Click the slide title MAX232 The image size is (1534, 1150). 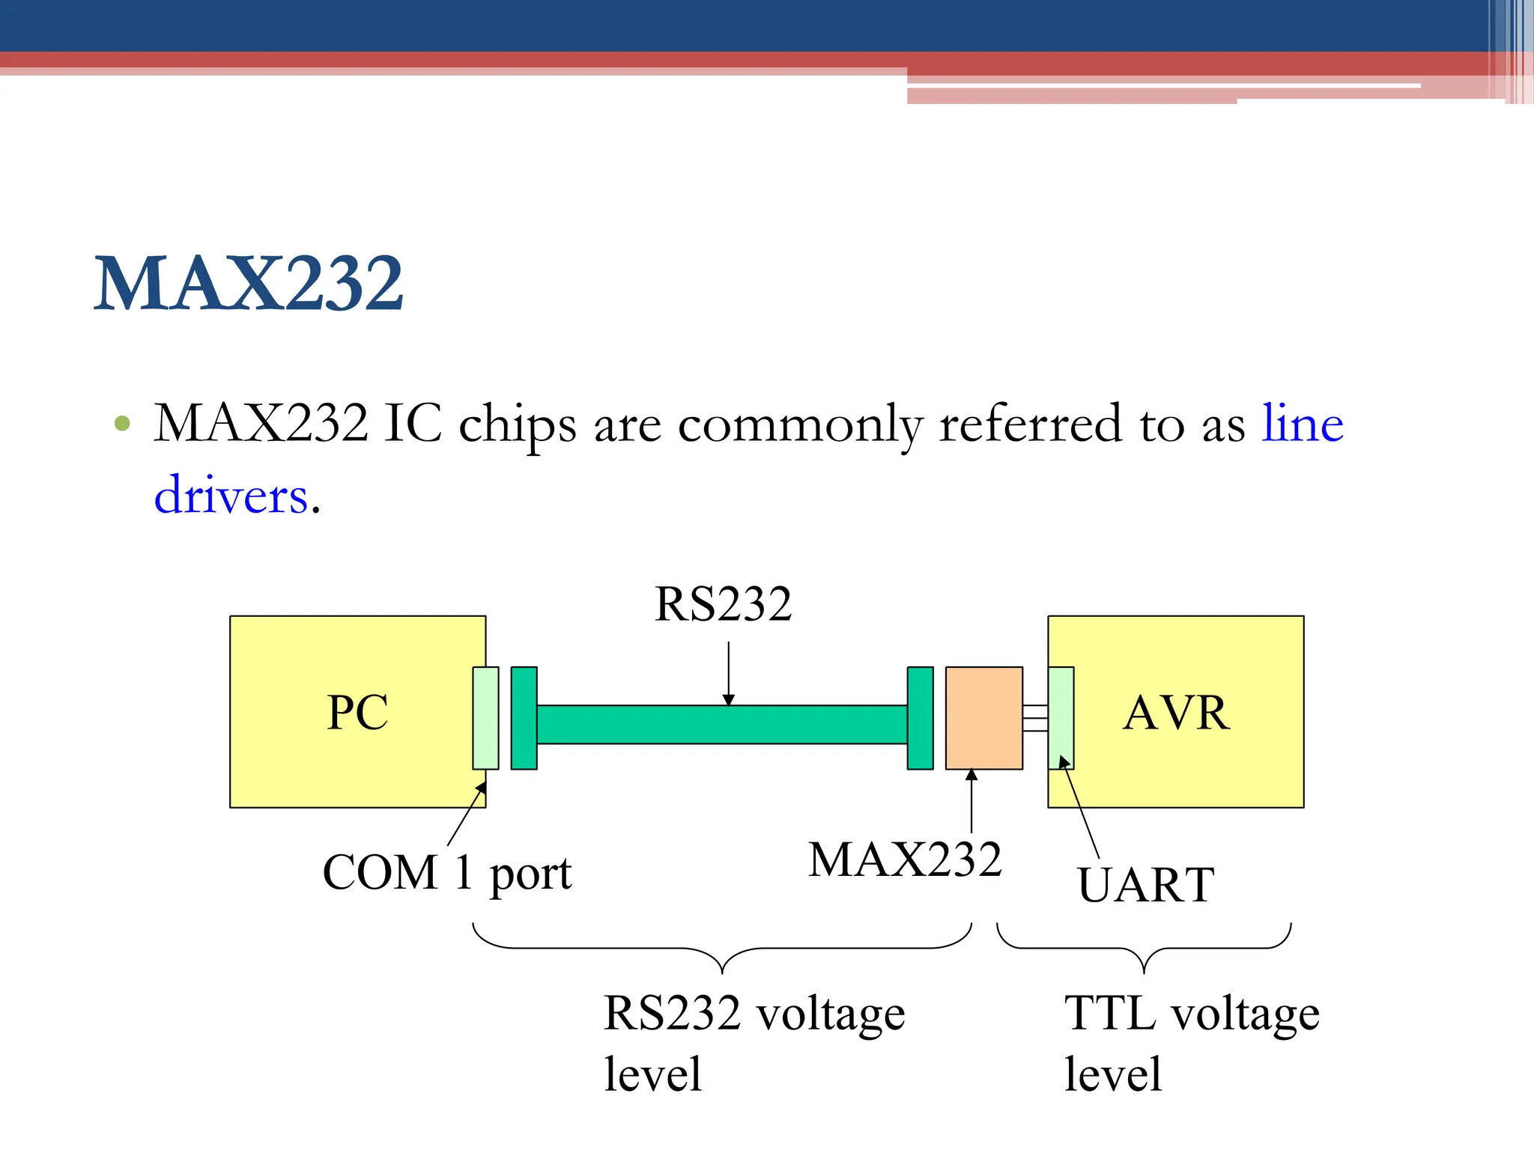249,284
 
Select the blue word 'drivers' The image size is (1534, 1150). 231,496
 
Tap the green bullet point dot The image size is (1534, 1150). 122,425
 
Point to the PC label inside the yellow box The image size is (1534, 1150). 357,712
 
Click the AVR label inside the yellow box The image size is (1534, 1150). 1176,712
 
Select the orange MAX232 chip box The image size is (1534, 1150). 983,718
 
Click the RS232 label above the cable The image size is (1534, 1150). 723,604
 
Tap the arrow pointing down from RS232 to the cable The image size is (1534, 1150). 728,673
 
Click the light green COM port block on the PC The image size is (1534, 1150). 485,718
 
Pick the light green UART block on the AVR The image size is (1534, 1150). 1061,718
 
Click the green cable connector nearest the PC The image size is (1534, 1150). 524,718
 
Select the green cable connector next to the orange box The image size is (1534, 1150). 920,718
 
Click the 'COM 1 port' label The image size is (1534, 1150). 446,873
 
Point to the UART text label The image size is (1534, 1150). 1145,885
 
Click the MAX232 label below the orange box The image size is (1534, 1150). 905,860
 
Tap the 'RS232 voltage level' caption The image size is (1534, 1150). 754,1043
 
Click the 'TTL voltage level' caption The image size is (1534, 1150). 1191,1043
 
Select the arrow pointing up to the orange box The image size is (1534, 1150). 971,801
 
